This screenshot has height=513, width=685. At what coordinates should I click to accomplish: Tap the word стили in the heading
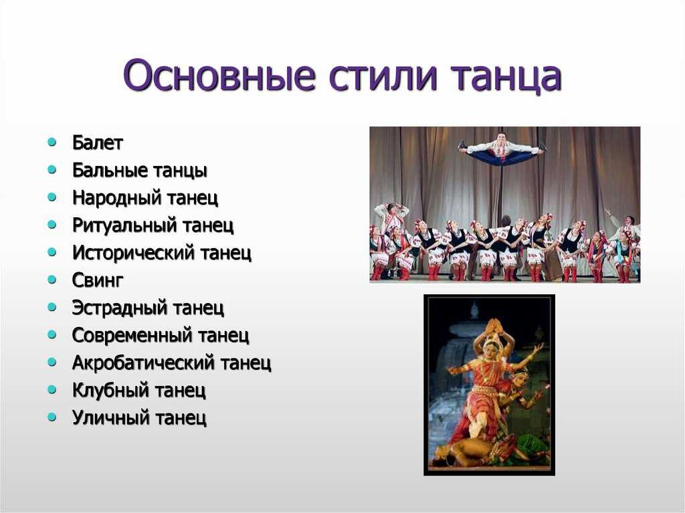tap(383, 76)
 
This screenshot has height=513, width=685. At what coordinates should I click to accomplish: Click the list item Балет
tap(98, 142)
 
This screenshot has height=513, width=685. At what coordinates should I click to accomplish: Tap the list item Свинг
tap(98, 280)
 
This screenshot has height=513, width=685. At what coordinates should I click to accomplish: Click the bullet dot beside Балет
tap(52, 142)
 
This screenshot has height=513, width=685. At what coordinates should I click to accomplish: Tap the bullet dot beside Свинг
tap(52, 279)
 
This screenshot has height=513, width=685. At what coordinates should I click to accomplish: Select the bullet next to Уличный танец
tap(52, 417)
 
